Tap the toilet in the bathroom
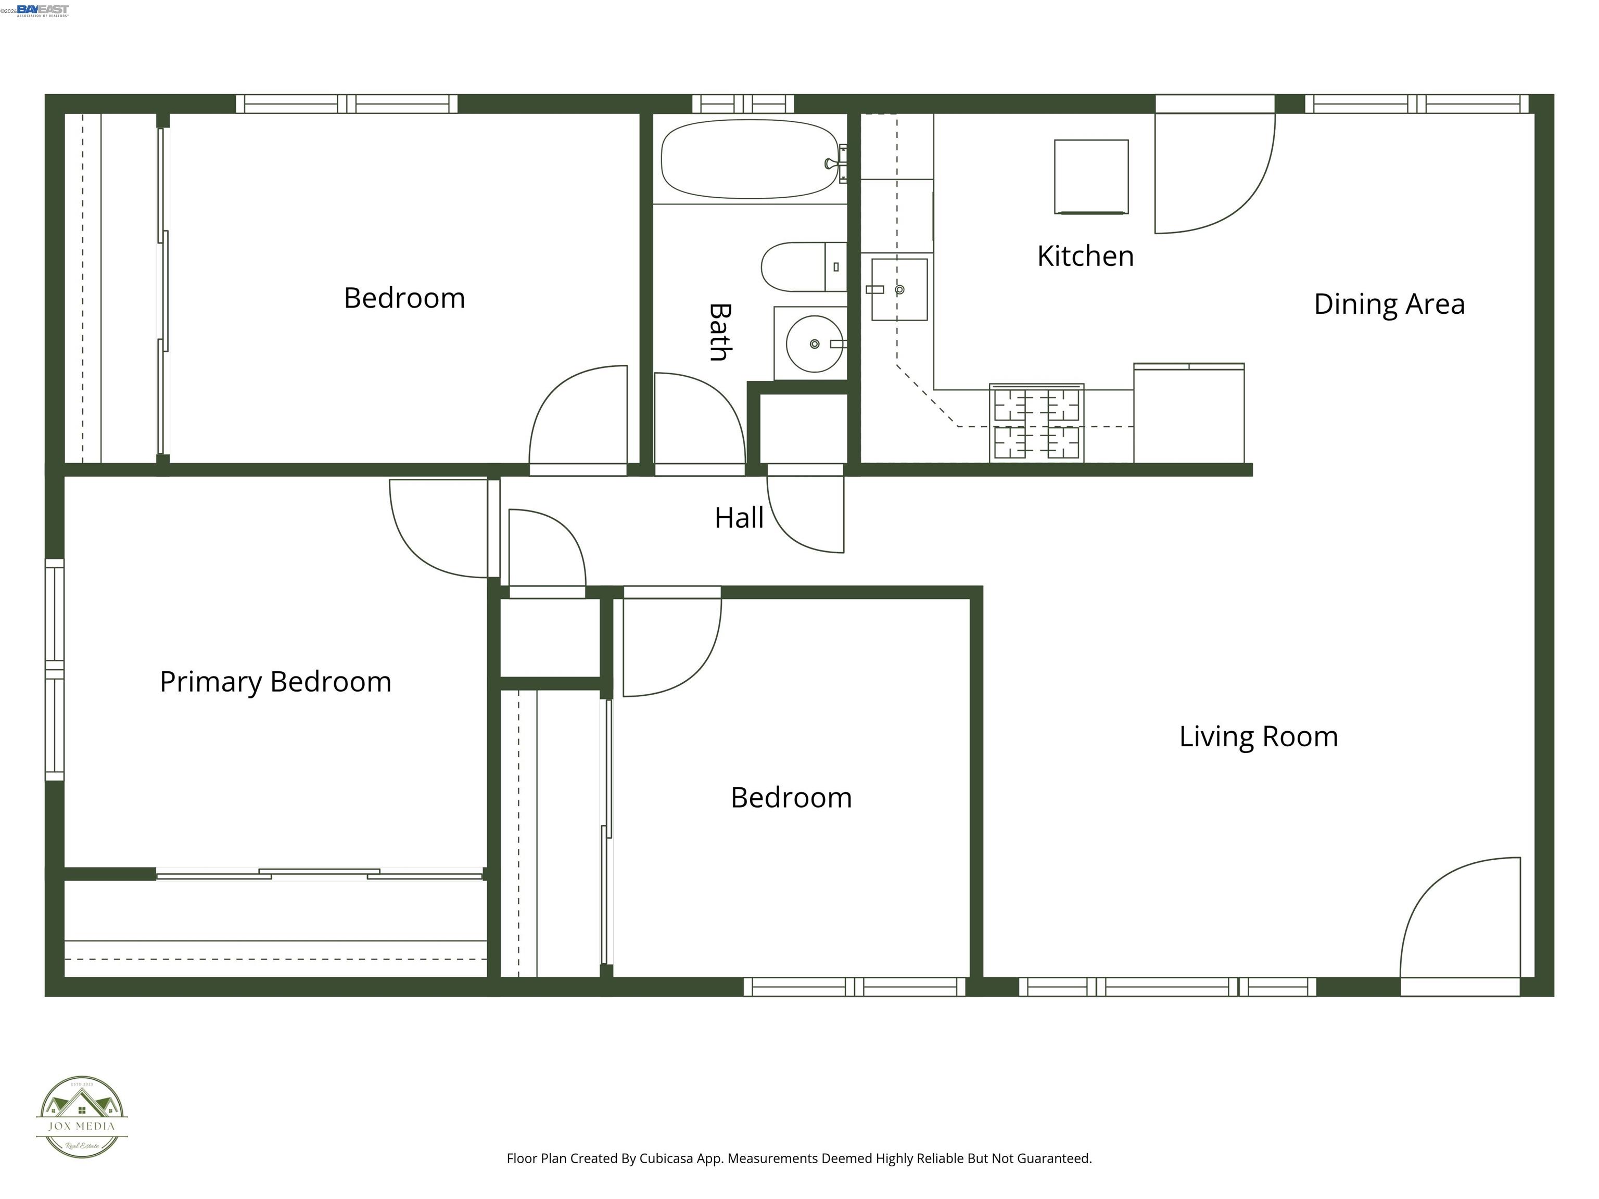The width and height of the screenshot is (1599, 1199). [803, 266]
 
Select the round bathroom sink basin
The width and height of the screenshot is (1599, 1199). [814, 344]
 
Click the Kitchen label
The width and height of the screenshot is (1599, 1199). [1085, 256]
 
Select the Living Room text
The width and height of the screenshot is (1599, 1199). [1258, 736]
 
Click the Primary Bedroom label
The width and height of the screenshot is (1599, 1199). [275, 682]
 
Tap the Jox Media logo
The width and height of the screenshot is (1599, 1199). [82, 1117]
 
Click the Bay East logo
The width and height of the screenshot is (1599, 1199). [43, 9]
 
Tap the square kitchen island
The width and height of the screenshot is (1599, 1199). [1091, 177]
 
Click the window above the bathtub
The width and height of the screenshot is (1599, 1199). [743, 104]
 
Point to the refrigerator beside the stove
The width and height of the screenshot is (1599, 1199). [1188, 413]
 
